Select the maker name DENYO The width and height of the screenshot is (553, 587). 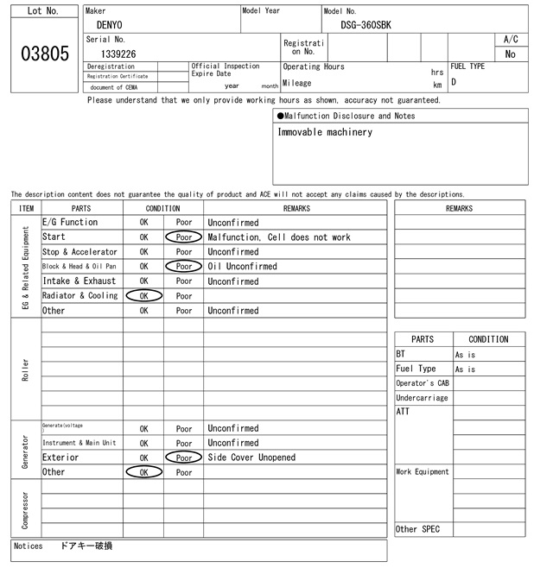(x=110, y=25)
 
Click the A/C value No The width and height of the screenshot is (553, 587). (x=510, y=54)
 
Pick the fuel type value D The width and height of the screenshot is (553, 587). (x=454, y=83)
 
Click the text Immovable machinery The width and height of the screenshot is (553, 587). (x=325, y=132)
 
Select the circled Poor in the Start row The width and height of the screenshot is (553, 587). (x=183, y=237)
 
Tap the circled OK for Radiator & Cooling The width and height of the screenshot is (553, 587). (x=143, y=296)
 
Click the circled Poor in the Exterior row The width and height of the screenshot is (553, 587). (x=183, y=458)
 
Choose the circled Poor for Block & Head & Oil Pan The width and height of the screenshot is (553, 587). (x=183, y=267)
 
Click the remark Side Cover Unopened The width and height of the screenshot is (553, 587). (x=251, y=458)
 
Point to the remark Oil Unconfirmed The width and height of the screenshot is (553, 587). (x=242, y=267)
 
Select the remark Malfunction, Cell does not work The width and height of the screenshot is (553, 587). (x=279, y=237)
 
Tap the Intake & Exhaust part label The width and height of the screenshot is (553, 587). (x=79, y=281)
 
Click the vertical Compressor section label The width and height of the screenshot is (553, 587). (x=25, y=510)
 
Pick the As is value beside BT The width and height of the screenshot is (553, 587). (x=466, y=355)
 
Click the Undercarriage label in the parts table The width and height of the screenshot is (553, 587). (x=422, y=398)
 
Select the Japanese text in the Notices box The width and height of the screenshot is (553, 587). (x=86, y=546)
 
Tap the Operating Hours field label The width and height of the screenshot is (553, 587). (x=314, y=66)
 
